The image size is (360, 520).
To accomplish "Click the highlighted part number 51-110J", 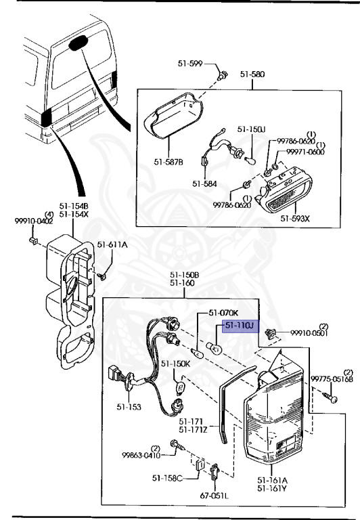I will click(x=238, y=326).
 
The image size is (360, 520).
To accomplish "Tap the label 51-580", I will click(x=251, y=76).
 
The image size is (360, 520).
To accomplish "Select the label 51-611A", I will click(x=112, y=246).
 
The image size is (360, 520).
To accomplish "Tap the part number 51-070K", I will click(x=223, y=313).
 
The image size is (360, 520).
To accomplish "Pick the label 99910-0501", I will click(x=309, y=333).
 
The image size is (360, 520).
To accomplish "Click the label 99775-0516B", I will click(x=332, y=379).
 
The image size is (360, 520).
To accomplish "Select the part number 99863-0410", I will click(x=141, y=456).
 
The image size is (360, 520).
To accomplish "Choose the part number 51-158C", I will click(x=166, y=479).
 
